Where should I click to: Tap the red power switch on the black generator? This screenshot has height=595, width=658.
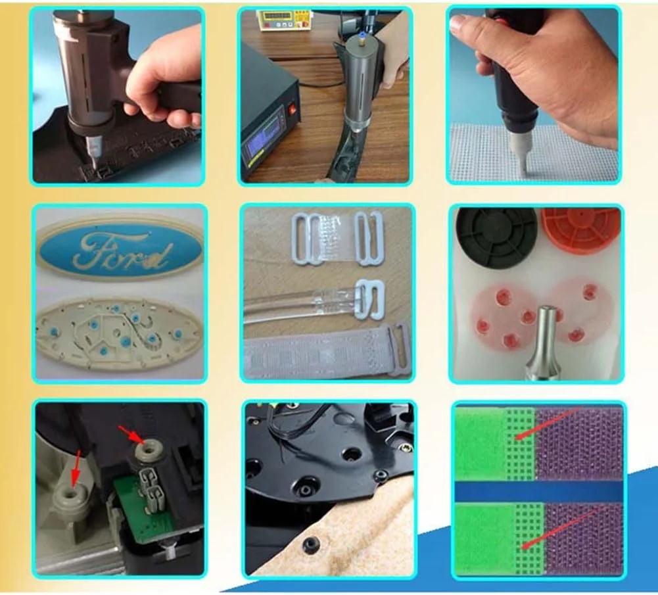point(293,110)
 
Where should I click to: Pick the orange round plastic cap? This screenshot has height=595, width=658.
point(581,230)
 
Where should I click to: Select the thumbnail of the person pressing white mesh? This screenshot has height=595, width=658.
point(533,95)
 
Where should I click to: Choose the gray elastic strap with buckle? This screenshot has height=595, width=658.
point(327,350)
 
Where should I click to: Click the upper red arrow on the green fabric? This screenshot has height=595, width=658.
point(548,423)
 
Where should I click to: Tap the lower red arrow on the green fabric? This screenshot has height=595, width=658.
point(559,529)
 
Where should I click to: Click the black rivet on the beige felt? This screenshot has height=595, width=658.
point(310,544)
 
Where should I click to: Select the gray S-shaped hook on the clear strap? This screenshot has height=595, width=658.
point(369,299)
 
